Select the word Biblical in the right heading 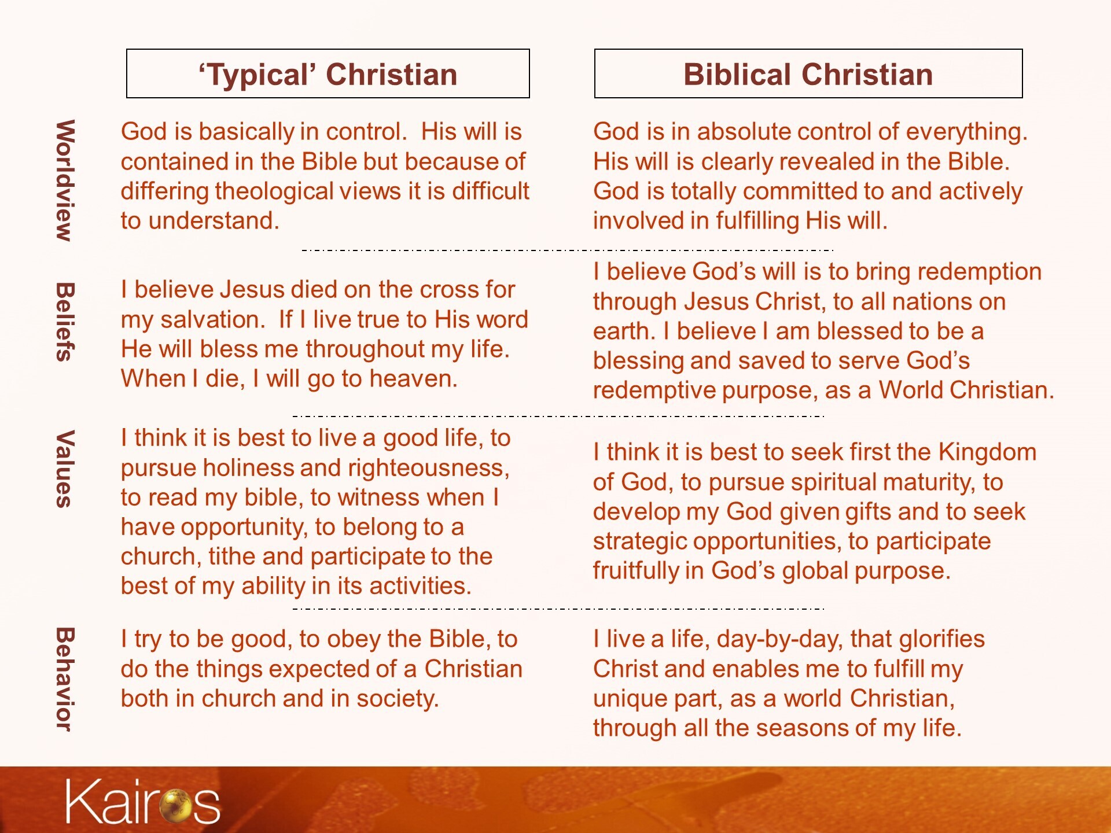point(742,75)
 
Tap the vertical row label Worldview point(65,180)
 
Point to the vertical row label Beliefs point(65,322)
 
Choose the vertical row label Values point(65,469)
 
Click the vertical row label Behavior point(65,679)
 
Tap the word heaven point(413,379)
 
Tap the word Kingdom point(987,452)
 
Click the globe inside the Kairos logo point(176,805)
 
